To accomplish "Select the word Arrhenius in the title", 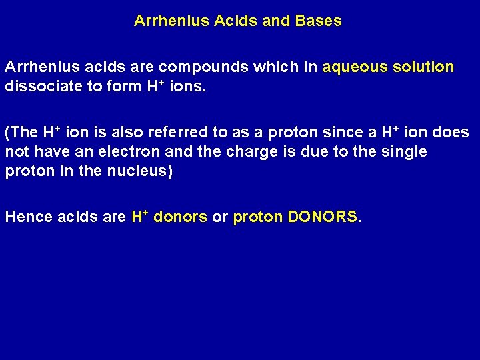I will [x=171, y=21].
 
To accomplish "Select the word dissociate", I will [x=38, y=87].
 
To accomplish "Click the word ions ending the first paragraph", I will [x=189, y=87].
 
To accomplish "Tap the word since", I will [x=342, y=133].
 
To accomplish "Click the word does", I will [x=451, y=133].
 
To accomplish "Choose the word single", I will [x=403, y=152].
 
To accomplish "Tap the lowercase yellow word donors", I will [x=180, y=217].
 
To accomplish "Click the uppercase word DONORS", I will [x=323, y=217].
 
